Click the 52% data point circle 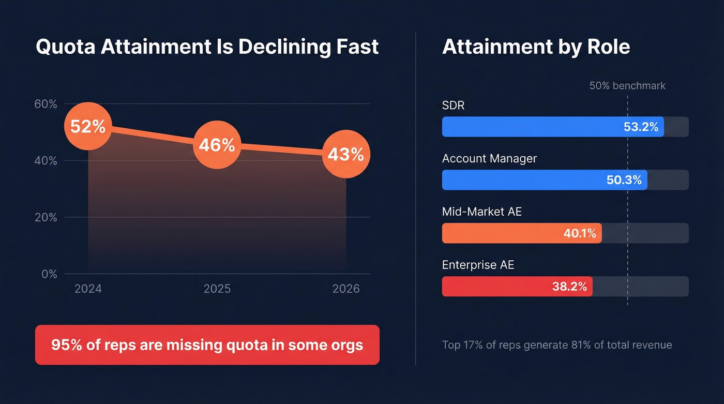88,127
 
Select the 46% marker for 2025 217,145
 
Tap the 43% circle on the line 345,154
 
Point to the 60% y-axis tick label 46,104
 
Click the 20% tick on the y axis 46,217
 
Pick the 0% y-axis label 49,274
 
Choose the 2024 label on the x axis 88,289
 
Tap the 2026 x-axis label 345,289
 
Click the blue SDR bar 533,127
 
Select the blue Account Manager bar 522,180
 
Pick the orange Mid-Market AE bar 502,233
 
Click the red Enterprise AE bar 496,287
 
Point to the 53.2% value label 641,127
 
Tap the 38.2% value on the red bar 569,287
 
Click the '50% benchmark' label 627,86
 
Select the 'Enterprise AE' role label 478,265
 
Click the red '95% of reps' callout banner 207,345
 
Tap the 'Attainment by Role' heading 536,47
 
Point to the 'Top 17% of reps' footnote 557,345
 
